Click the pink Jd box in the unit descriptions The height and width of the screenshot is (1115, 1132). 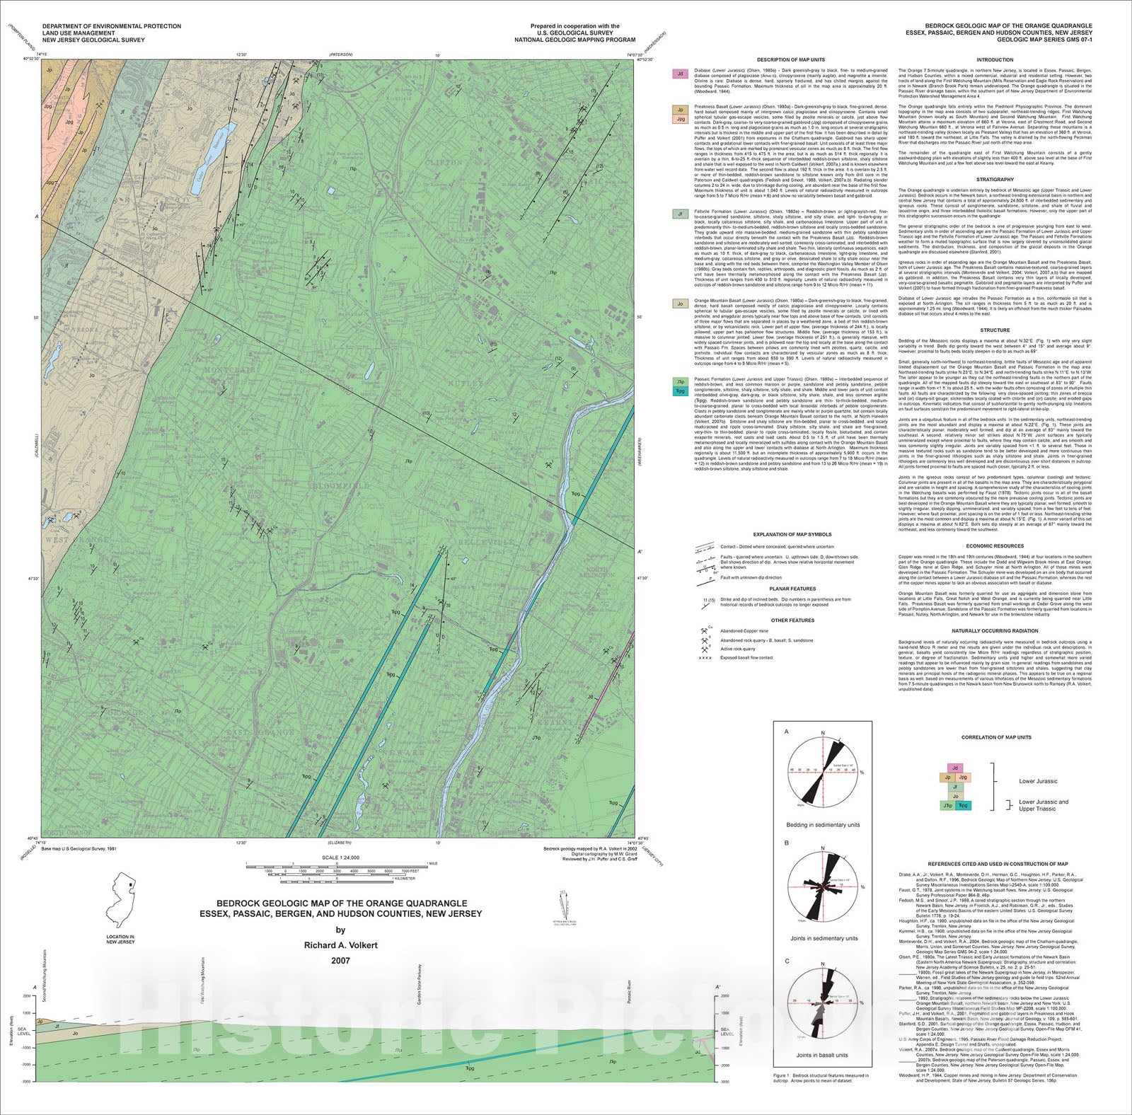coord(680,74)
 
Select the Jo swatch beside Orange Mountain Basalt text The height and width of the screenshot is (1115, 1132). coord(680,304)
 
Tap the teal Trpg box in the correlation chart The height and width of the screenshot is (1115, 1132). coord(963,805)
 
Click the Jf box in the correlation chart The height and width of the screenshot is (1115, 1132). coord(955,787)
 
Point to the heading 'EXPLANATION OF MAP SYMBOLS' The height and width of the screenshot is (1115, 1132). coord(792,534)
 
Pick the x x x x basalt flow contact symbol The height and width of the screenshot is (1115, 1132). coord(705,657)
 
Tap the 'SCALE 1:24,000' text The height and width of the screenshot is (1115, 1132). coord(340,857)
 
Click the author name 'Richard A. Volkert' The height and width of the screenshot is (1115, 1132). coord(340,945)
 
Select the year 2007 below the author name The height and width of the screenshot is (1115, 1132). coord(340,961)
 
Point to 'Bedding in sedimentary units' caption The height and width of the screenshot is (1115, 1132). coord(823,825)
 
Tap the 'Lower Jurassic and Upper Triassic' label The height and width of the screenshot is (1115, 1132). coord(1043,805)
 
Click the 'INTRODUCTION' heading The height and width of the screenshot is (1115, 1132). coord(994,60)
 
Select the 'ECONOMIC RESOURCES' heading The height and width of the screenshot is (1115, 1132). coord(994,545)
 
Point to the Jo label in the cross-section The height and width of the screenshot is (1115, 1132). coord(75,1034)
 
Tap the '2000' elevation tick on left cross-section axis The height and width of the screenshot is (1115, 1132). coord(26,995)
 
